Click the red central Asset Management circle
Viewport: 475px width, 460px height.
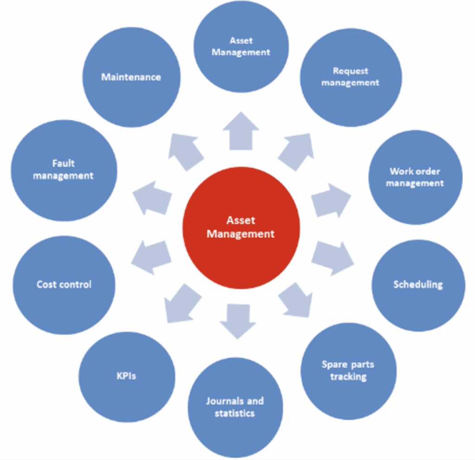pos(241,227)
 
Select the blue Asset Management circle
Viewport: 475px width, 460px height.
pos(241,46)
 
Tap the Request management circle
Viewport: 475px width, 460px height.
pos(351,77)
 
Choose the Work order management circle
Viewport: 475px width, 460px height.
pos(415,177)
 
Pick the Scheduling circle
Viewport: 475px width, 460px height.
pos(418,285)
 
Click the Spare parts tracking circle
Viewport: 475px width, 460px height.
pos(348,371)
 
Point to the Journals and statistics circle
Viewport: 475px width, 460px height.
pos(235,406)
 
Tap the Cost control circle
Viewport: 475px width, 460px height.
pos(64,284)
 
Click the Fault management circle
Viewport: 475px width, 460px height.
pos(64,170)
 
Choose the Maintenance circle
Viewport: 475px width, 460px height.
pos(131,77)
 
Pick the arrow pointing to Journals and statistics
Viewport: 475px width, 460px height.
pos(237,320)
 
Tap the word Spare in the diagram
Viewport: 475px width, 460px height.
pos(332,364)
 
